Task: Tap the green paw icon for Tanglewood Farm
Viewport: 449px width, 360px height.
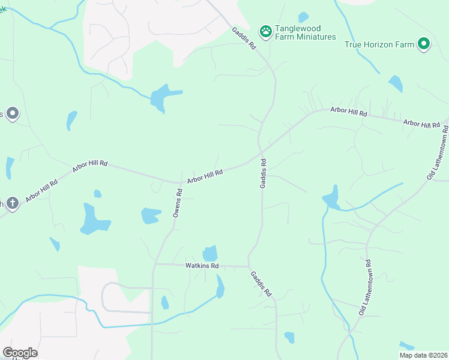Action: [x=265, y=30]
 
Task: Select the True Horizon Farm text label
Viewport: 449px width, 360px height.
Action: [x=379, y=44]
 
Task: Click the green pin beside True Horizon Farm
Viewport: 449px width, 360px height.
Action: [x=424, y=44]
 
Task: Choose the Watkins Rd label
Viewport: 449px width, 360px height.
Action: [x=201, y=265]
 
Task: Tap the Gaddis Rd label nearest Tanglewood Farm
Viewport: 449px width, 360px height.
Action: [x=245, y=37]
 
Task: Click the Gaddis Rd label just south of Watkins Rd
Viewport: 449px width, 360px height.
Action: [x=261, y=284]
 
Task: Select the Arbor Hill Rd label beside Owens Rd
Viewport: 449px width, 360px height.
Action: [x=205, y=176]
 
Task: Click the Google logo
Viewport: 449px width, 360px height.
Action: [x=20, y=353]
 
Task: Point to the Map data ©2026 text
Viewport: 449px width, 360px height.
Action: [x=423, y=355]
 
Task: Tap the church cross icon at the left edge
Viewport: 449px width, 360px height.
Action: [x=12, y=203]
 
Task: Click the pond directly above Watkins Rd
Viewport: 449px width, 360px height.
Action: [x=210, y=253]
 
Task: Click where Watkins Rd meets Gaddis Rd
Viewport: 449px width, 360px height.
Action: [x=249, y=266]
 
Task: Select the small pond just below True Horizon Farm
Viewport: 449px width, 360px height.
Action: [x=395, y=83]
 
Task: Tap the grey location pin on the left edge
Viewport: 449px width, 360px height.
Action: [x=12, y=113]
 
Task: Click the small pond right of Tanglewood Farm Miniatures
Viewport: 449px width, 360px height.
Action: [x=303, y=17]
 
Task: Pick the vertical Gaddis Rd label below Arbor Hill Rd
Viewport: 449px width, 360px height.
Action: [x=263, y=174]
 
